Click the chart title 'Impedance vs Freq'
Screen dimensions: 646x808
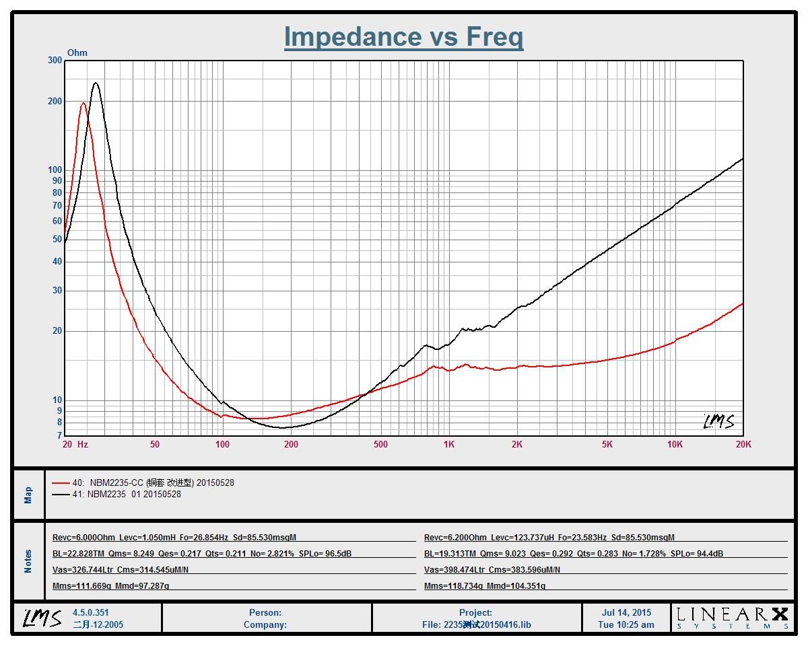pyautogui.click(x=403, y=36)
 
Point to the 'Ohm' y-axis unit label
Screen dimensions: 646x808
pyautogui.click(x=77, y=52)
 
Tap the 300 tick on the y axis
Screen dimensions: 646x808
pyautogui.click(x=55, y=60)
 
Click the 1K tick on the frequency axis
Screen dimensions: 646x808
pyautogui.click(x=448, y=444)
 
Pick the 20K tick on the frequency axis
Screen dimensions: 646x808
pyautogui.click(x=743, y=444)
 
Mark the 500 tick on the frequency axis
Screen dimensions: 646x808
pyautogui.click(x=380, y=444)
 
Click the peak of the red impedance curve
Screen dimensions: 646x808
pyautogui.click(x=83, y=103)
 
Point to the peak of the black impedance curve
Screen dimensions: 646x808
pyautogui.click(x=96, y=83)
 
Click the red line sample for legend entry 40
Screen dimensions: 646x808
pyautogui.click(x=61, y=482)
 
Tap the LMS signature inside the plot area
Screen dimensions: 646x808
pyautogui.click(x=718, y=421)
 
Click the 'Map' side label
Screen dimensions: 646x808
pyautogui.click(x=28, y=495)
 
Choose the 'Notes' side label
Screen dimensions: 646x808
pyautogui.click(x=28, y=561)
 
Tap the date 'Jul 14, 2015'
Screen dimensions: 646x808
pyautogui.click(x=626, y=613)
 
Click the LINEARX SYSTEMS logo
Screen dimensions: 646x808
pyautogui.click(x=732, y=618)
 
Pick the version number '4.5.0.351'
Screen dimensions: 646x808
pyautogui.click(x=91, y=613)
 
